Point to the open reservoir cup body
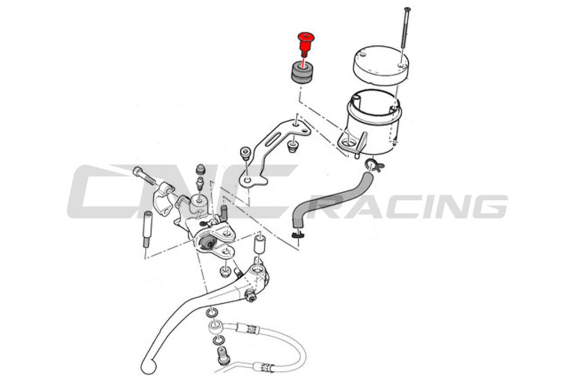[374, 121]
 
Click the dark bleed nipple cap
[200, 169]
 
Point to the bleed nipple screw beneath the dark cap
[200, 182]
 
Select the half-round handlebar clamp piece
[165, 200]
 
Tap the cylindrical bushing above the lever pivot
[259, 244]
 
